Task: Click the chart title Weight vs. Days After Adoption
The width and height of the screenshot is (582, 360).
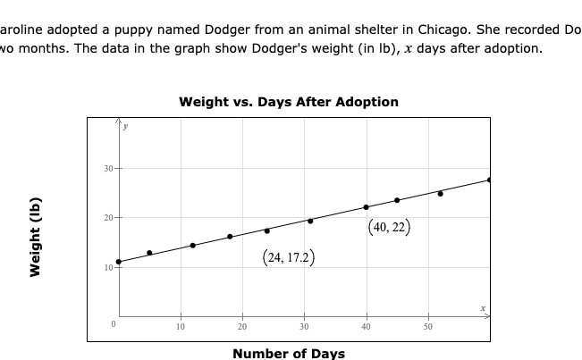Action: pyautogui.click(x=289, y=102)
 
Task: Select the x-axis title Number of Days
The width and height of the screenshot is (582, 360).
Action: pyautogui.click(x=288, y=354)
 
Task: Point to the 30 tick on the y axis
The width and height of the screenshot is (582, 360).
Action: pyautogui.click(x=107, y=169)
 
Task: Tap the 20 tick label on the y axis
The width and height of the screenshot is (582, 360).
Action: pyautogui.click(x=107, y=218)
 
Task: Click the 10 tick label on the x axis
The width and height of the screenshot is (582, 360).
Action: pyautogui.click(x=180, y=327)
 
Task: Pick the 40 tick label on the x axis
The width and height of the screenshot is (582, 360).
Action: pyautogui.click(x=366, y=327)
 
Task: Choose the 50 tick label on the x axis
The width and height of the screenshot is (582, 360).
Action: pyautogui.click(x=427, y=327)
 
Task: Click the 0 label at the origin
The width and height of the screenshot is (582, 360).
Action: pyautogui.click(x=113, y=324)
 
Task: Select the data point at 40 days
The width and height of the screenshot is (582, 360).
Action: pyautogui.click(x=367, y=207)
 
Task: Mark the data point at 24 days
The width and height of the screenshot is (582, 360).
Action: pyautogui.click(x=266, y=230)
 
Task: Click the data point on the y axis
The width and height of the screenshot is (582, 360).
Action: pyautogui.click(x=118, y=262)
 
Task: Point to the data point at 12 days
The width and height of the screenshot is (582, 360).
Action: pyautogui.click(x=192, y=245)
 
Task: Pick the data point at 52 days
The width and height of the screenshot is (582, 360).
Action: pyautogui.click(x=440, y=193)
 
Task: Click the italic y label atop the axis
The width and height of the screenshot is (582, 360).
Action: pyautogui.click(x=125, y=127)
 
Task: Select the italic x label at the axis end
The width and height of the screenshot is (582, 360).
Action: pyautogui.click(x=483, y=308)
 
